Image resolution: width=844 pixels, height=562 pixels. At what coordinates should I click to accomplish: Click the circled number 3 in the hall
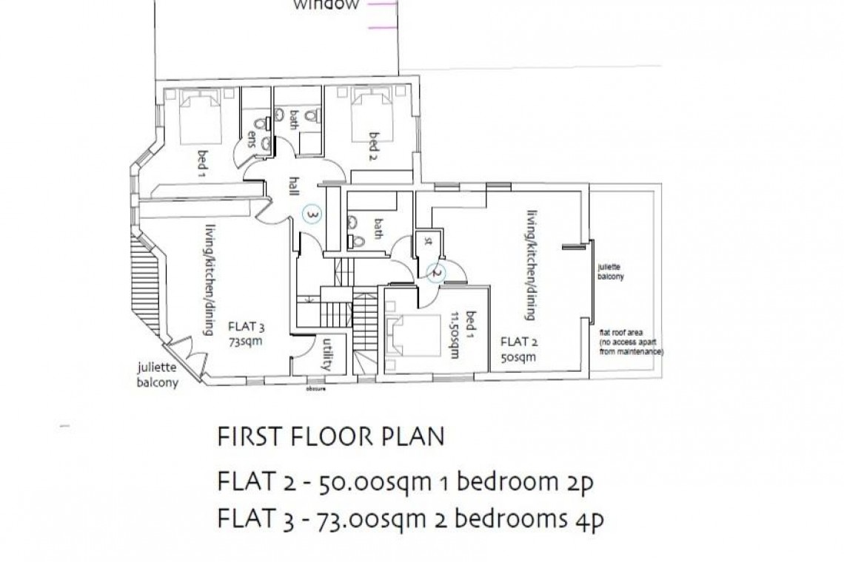(x=313, y=214)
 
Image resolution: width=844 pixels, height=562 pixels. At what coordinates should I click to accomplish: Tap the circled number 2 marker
(x=437, y=272)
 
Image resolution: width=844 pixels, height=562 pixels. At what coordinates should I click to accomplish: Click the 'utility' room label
(x=326, y=353)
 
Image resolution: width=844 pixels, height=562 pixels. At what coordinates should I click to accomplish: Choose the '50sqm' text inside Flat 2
(x=518, y=356)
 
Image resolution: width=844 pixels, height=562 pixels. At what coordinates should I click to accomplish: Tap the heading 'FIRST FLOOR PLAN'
(x=331, y=436)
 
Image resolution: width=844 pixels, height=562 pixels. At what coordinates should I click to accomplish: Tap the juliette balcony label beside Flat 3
(x=156, y=376)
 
